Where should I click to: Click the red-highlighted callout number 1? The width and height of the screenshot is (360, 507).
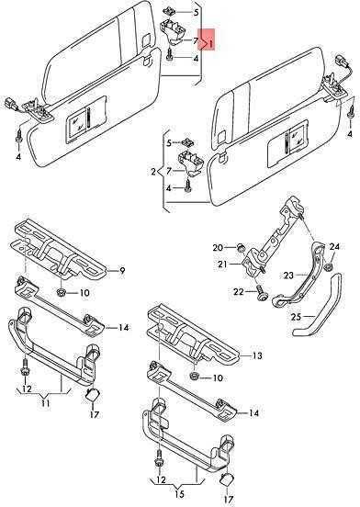click(x=210, y=43)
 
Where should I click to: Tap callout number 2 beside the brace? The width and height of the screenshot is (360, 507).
click(x=153, y=172)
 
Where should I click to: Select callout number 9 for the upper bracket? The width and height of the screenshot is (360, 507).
click(x=122, y=270)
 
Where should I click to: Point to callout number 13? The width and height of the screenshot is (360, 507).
click(x=257, y=355)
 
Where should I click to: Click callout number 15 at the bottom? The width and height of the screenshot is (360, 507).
click(x=180, y=494)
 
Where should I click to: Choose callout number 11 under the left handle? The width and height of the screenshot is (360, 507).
click(x=45, y=403)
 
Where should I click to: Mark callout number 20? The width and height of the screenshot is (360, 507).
click(x=218, y=248)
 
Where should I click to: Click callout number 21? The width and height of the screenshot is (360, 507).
click(x=222, y=265)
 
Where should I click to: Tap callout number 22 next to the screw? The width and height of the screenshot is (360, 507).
click(x=239, y=292)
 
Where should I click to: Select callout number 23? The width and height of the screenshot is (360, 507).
click(x=288, y=276)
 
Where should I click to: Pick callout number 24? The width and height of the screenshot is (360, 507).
click(x=334, y=247)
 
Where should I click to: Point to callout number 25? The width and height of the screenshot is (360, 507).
click(x=296, y=317)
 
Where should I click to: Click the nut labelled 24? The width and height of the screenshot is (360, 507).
click(x=329, y=267)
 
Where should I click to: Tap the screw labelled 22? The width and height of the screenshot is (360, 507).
click(x=261, y=292)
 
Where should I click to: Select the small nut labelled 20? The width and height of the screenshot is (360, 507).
click(x=240, y=249)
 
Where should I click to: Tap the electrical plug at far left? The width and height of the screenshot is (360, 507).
click(x=10, y=106)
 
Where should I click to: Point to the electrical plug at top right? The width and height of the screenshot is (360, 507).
click(x=342, y=62)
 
